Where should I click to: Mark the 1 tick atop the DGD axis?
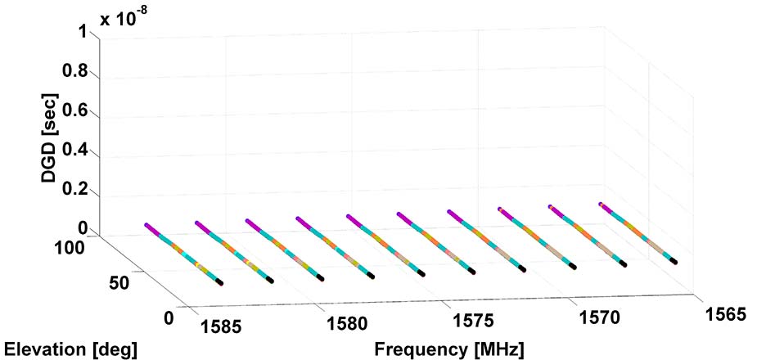coord(84,30)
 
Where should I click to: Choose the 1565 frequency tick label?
coord(726,314)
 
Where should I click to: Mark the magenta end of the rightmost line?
coord(602,204)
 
